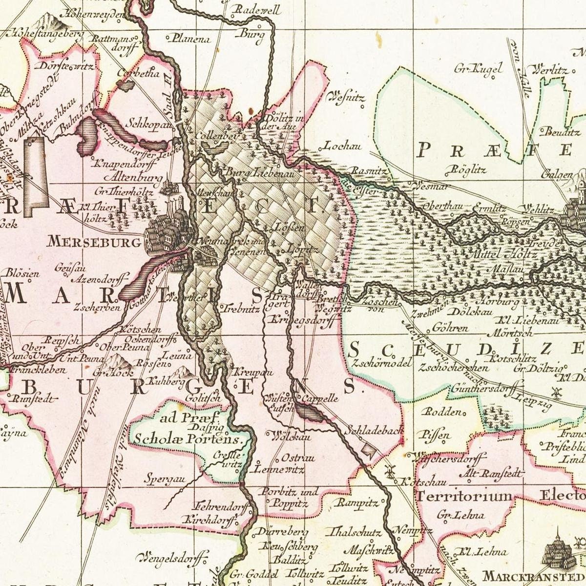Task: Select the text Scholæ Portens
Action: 188,439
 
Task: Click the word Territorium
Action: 463,497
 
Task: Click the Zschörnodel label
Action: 381,363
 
